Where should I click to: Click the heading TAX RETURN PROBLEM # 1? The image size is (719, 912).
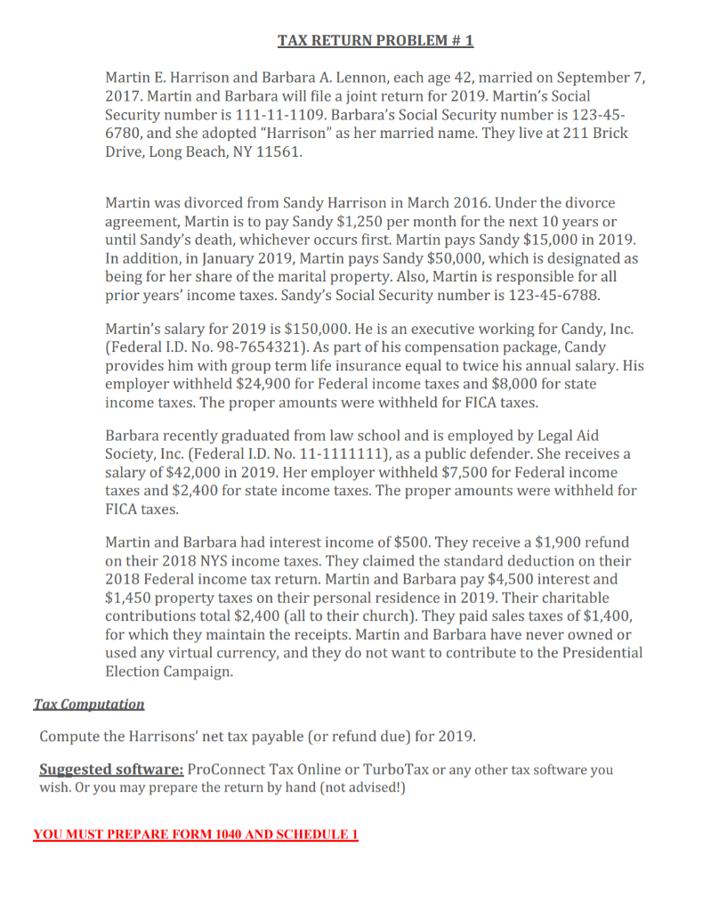click(x=376, y=41)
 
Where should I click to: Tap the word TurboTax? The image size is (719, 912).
click(x=386, y=769)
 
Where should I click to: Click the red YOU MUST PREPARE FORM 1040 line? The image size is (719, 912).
click(x=196, y=835)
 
